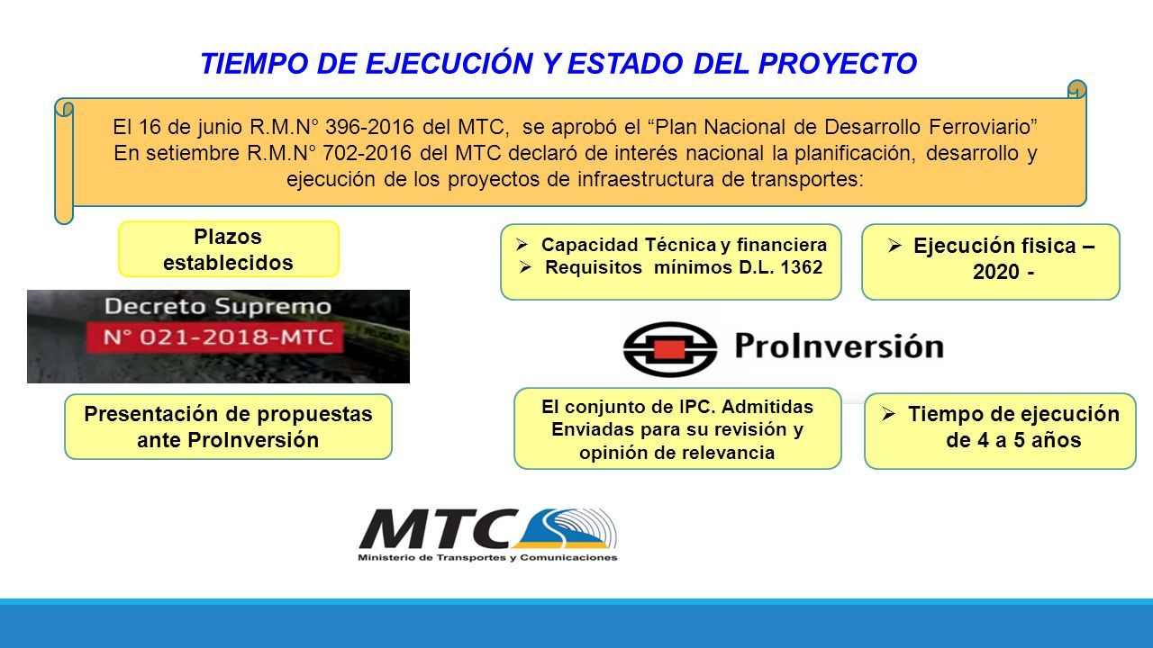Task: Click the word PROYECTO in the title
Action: tap(838, 64)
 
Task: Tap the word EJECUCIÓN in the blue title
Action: tap(449, 63)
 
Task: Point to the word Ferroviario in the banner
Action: tap(983, 127)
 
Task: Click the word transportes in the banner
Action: tap(807, 179)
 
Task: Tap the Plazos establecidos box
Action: tap(229, 249)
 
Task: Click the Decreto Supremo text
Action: tap(218, 307)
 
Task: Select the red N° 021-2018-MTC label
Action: tap(215, 337)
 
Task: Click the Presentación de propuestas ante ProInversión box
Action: tap(228, 427)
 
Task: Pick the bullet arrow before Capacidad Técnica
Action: tap(522, 244)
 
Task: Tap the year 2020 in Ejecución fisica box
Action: tap(996, 272)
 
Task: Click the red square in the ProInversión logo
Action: tap(669, 350)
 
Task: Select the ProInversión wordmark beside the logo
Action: tap(839, 346)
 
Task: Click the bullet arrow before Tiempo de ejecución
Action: tap(889, 414)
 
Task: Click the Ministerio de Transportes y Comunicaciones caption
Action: tap(487, 557)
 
